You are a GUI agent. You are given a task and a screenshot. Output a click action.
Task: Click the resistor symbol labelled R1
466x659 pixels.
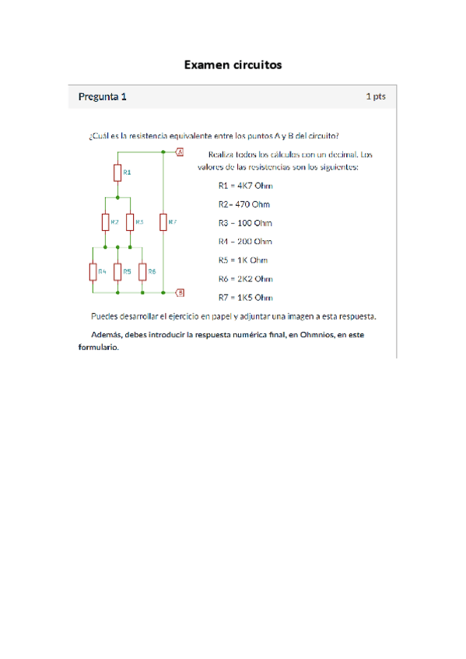(x=117, y=172)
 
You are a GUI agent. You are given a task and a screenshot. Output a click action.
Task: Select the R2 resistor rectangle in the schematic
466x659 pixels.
(x=105, y=222)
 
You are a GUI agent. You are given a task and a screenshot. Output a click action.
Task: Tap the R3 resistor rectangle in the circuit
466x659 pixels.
(x=130, y=222)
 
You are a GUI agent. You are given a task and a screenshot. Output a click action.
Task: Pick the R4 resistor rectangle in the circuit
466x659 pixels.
(x=93, y=271)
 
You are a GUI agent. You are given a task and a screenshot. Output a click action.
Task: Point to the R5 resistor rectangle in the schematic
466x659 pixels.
(x=117, y=271)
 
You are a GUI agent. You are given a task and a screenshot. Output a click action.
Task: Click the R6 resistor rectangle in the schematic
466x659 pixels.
(x=142, y=271)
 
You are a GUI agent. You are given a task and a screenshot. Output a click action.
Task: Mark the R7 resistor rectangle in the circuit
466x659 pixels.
(x=163, y=222)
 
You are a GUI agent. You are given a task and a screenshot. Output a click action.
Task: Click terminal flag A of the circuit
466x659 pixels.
(x=180, y=152)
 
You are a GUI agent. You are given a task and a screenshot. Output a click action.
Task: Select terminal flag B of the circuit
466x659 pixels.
(x=180, y=293)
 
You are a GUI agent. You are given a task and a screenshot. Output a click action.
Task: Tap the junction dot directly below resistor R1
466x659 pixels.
(x=117, y=198)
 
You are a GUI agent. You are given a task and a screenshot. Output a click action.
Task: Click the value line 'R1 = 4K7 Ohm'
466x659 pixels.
(x=245, y=186)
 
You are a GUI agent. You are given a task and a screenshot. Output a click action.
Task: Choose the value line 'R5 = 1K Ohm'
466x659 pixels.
(x=243, y=260)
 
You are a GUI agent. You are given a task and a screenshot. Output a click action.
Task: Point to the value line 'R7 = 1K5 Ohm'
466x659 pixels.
(x=245, y=298)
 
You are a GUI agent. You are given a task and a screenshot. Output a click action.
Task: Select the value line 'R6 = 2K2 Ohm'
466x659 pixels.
(x=245, y=279)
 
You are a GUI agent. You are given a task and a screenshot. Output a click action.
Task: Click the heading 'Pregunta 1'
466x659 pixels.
(x=102, y=97)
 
